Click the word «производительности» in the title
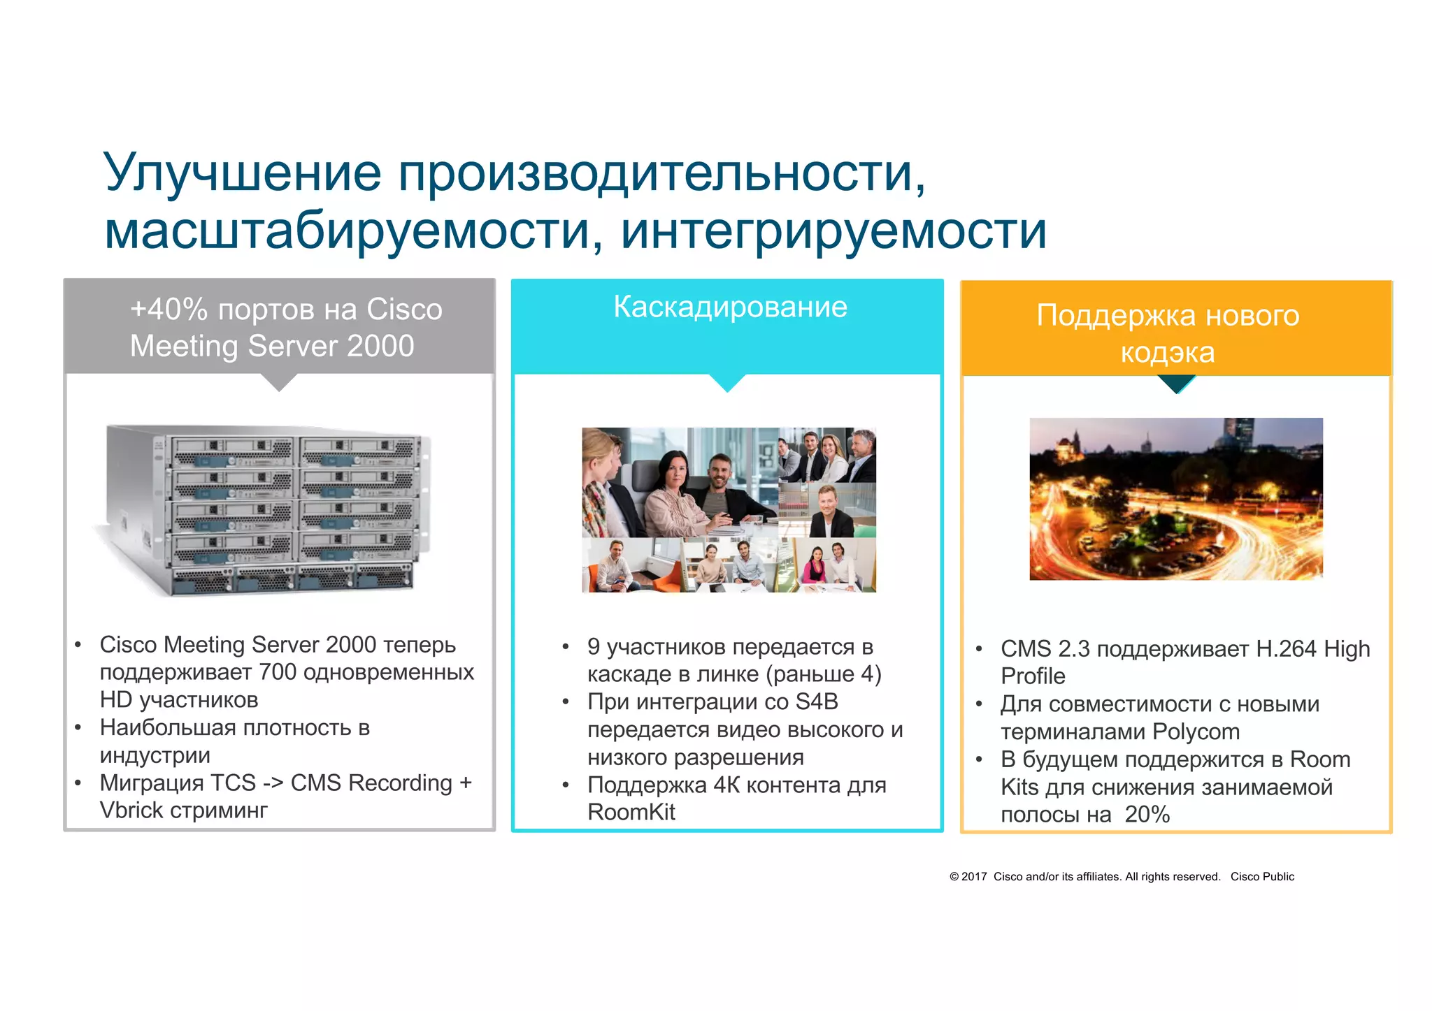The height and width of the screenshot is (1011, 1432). point(656,173)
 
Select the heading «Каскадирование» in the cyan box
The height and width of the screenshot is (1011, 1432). point(730,307)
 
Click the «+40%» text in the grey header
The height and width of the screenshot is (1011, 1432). point(169,310)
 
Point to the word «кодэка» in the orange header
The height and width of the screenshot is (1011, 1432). point(1167,352)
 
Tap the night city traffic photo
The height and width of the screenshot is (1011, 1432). point(1176,499)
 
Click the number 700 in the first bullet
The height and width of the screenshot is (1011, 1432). point(278,672)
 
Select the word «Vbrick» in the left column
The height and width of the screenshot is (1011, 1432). point(131,810)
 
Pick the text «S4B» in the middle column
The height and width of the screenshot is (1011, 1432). point(816,701)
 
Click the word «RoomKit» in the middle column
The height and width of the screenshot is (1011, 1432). point(631,813)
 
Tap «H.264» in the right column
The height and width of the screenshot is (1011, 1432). point(1286,649)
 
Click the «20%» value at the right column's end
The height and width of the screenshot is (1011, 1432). point(1147,815)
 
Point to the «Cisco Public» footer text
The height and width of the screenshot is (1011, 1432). point(1262,877)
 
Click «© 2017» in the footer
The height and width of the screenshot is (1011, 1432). point(968,877)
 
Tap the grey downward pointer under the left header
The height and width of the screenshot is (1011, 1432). point(279,382)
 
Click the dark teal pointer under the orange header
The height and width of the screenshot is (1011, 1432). point(1177,384)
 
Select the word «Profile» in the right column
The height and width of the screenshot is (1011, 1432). point(1033,676)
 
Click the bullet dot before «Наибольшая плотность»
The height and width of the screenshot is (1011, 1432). point(78,728)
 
